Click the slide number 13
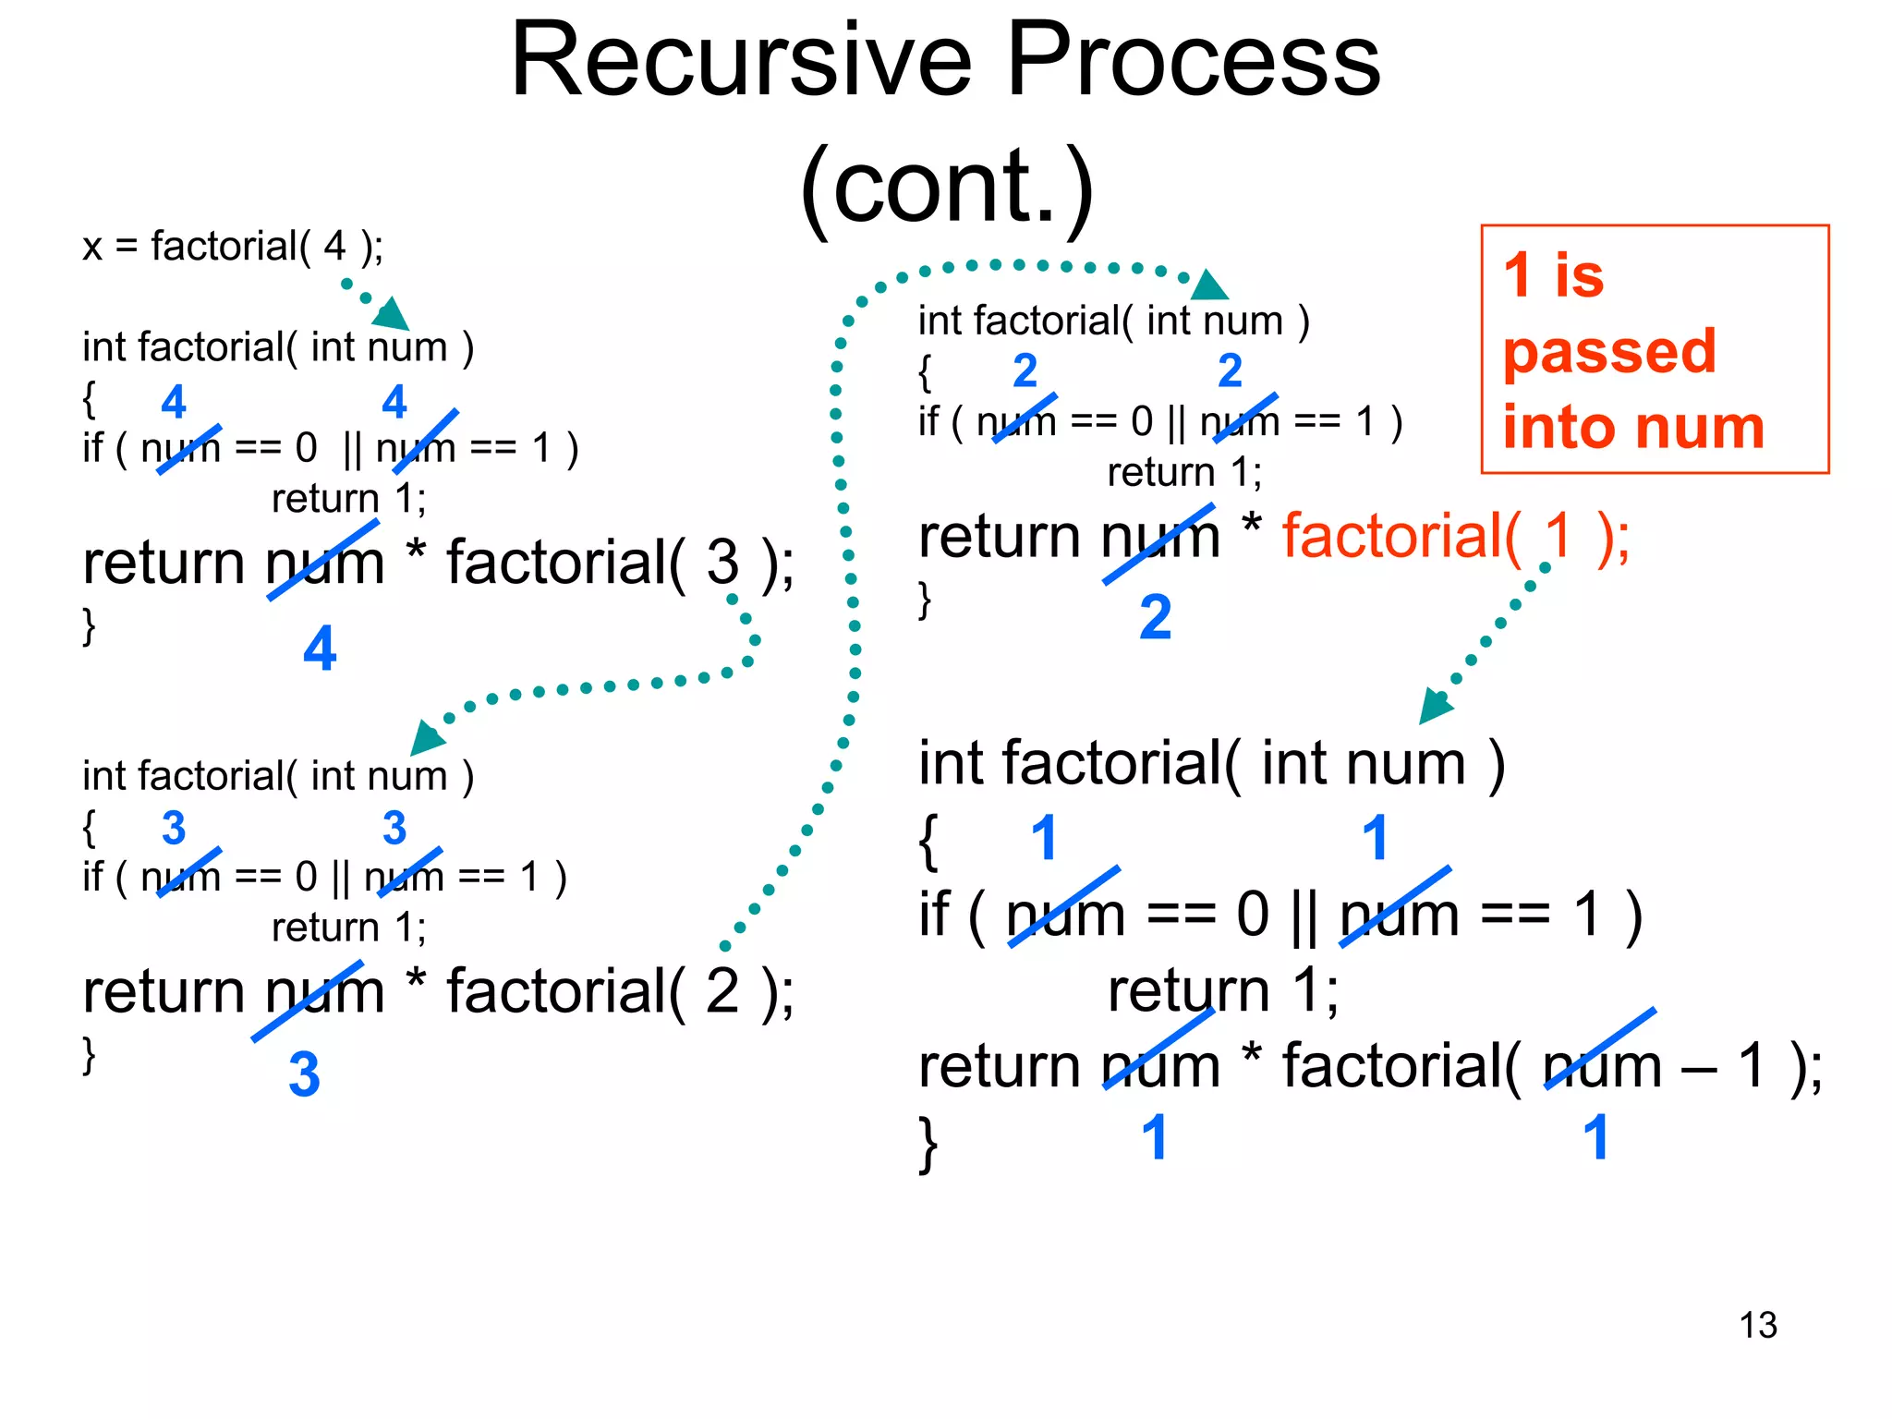tap(1757, 1325)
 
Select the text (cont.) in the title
tap(947, 187)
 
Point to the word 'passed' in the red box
tap(1609, 351)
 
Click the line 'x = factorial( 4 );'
tap(233, 247)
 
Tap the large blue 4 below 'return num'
tap(320, 649)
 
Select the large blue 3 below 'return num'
tap(304, 1074)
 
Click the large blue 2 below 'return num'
tap(1155, 617)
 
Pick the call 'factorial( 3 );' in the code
tap(620, 562)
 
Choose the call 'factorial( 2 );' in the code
tap(620, 991)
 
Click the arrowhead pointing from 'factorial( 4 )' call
tap(392, 314)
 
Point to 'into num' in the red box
tap(1633, 428)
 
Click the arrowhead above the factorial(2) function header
tap(1208, 285)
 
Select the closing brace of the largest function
tap(928, 1144)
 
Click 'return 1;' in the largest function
tap(1223, 990)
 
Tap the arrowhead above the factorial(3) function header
tap(427, 738)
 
